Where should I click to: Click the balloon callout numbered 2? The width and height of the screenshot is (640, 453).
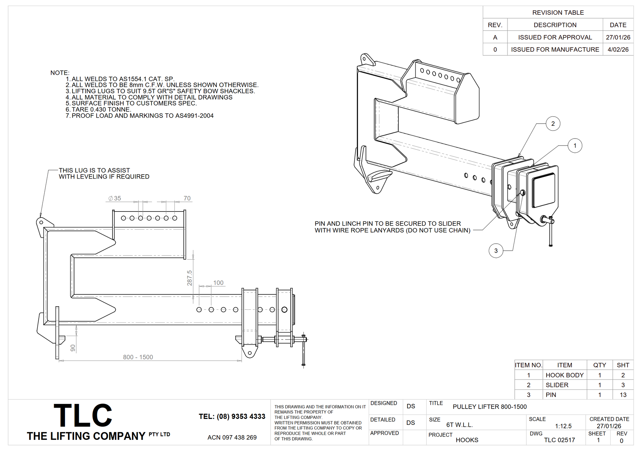(x=553, y=124)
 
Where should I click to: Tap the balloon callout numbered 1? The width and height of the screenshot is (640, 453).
(x=575, y=145)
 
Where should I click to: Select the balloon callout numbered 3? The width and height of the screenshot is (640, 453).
(x=496, y=251)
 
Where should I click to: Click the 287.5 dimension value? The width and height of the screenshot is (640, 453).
(x=190, y=278)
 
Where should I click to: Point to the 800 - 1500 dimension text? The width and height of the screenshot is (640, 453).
(x=138, y=357)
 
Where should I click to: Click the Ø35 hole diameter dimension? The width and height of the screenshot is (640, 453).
(x=115, y=198)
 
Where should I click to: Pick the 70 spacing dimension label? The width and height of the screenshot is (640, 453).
(x=187, y=198)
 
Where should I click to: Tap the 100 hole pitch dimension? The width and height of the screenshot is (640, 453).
(x=218, y=283)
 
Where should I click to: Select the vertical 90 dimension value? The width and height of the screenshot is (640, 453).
(x=73, y=348)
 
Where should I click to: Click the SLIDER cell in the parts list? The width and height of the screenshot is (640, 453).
(x=557, y=385)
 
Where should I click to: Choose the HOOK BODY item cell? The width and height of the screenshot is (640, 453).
(x=564, y=375)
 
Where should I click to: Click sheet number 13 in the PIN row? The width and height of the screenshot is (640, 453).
(x=623, y=395)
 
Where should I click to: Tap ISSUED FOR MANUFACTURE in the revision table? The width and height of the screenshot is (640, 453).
(x=555, y=49)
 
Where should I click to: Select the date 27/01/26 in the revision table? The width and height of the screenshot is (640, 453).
(x=618, y=37)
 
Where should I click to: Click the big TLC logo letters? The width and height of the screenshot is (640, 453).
(x=83, y=415)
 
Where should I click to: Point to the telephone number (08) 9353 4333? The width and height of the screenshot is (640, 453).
(x=232, y=416)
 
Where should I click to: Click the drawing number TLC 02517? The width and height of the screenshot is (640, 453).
(x=559, y=440)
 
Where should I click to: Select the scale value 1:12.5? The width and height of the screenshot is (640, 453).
(x=563, y=426)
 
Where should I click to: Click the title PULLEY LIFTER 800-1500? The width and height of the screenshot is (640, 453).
(x=490, y=407)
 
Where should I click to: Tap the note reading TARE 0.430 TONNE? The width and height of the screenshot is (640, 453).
(x=101, y=109)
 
